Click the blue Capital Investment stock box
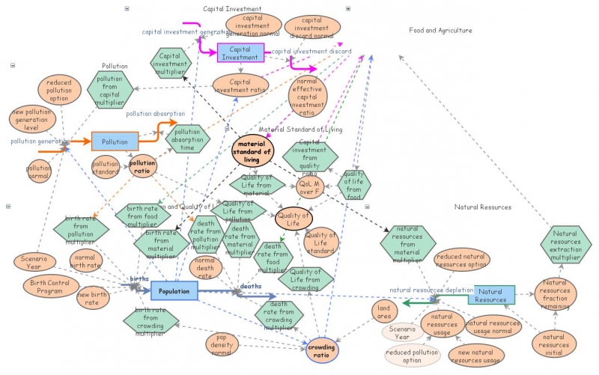pyautogui.click(x=240, y=52)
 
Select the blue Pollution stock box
pyautogui.click(x=115, y=141)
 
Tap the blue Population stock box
pyautogui.click(x=174, y=290)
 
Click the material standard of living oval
pyautogui.click(x=253, y=148)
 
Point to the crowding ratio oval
pyautogui.click(x=322, y=350)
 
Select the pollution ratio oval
pyautogui.click(x=143, y=165)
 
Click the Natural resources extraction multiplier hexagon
pyautogui.click(x=566, y=244)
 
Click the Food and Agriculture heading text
pyautogui.click(x=440, y=31)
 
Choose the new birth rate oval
pyautogui.click(x=94, y=298)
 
